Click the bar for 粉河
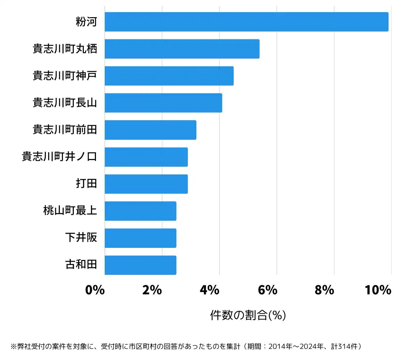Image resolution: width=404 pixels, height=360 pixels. [x=246, y=22]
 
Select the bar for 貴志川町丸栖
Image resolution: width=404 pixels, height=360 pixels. [x=182, y=49]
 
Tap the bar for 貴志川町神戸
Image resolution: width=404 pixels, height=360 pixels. [x=169, y=76]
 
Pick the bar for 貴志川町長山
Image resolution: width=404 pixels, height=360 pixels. [x=163, y=103]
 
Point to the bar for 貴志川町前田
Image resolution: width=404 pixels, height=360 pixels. [x=150, y=130]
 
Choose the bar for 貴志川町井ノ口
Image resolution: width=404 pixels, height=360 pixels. [x=146, y=157]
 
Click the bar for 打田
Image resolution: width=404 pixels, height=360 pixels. [x=146, y=184]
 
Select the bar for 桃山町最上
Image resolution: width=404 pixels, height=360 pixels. [x=140, y=211]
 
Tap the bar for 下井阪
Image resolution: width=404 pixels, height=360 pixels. [x=140, y=238]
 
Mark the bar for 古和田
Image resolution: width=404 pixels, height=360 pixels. [x=140, y=265]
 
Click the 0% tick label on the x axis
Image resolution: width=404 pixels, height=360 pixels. [x=95, y=290]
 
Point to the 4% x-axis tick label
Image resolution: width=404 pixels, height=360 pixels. [x=209, y=290]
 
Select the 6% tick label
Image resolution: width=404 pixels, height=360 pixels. [x=267, y=290]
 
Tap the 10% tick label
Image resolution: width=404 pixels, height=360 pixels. [x=378, y=290]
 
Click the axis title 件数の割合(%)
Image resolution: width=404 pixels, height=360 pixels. [x=248, y=315]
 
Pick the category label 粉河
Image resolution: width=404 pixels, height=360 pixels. [x=86, y=22]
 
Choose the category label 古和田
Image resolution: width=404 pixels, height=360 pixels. [x=81, y=265]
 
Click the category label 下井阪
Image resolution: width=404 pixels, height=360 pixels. [x=81, y=238]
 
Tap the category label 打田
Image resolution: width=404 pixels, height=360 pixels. [x=86, y=184]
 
